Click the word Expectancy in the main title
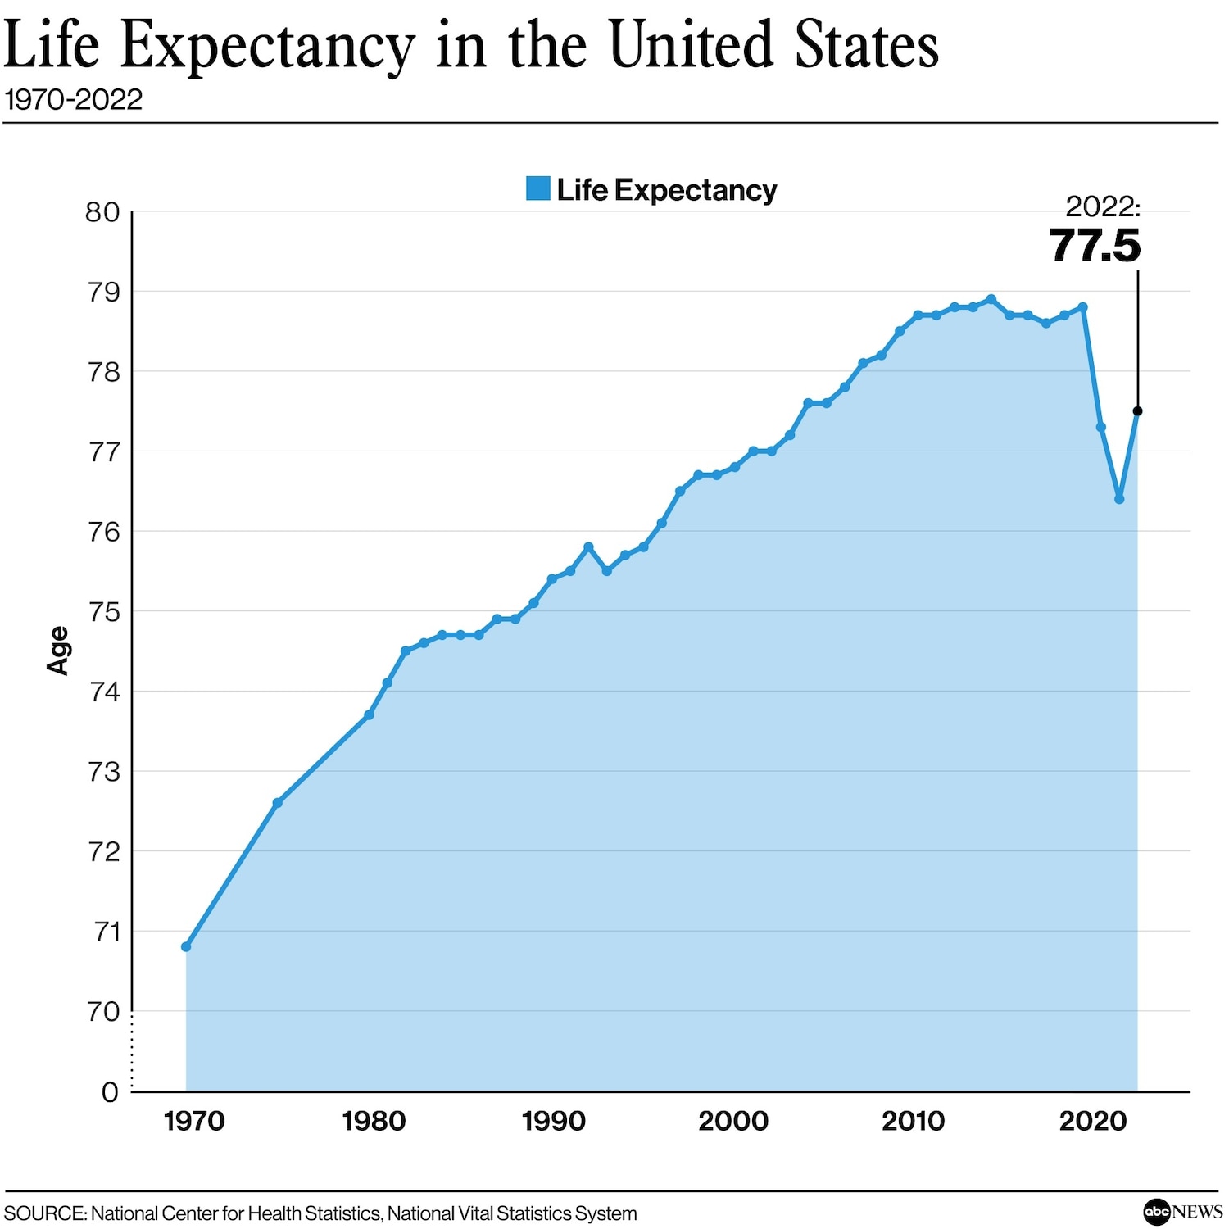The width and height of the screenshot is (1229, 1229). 268,48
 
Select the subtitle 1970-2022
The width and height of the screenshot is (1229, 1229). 74,100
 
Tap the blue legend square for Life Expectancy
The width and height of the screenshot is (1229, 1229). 537,188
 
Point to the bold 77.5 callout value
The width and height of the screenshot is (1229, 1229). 1095,245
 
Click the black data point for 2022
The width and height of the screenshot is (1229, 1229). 1137,411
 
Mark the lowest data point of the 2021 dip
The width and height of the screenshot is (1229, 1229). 1119,499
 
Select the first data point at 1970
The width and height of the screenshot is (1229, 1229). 186,946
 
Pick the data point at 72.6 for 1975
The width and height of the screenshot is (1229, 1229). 278,803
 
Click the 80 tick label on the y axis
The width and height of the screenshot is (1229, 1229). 102,213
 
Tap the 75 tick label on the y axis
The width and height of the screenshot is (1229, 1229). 103,612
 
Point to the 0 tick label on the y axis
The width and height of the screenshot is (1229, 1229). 110,1092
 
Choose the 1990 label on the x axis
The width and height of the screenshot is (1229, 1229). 554,1121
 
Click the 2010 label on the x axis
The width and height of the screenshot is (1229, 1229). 913,1121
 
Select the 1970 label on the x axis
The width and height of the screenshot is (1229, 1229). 194,1121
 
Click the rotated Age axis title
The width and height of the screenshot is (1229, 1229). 57,651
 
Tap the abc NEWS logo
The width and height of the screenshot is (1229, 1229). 1182,1211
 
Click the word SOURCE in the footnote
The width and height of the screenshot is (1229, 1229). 45,1213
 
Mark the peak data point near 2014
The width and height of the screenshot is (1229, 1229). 991,299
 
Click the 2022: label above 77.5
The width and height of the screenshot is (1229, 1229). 1102,206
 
